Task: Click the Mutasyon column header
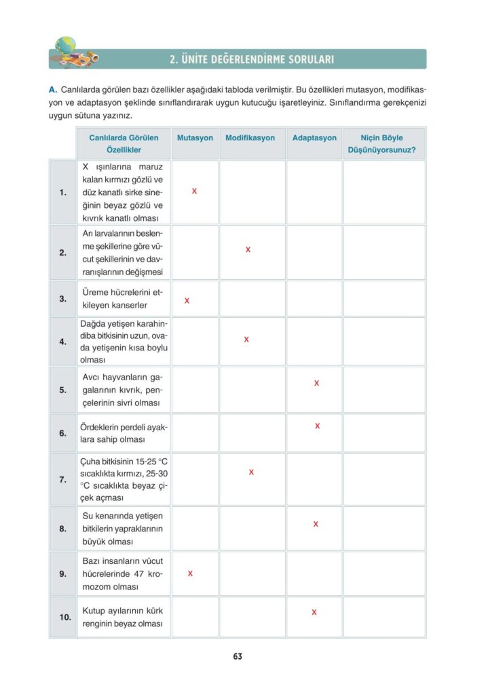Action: click(195, 138)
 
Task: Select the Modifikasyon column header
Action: click(250, 138)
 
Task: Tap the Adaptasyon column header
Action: click(314, 138)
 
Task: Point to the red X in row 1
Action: click(194, 191)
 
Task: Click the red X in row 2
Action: click(248, 250)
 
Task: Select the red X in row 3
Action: click(187, 300)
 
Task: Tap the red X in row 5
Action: click(316, 384)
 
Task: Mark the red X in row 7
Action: click(251, 472)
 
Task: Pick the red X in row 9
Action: click(190, 573)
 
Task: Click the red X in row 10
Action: click(314, 613)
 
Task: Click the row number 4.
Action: click(62, 342)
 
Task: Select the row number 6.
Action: click(62, 433)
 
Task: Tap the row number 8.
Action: click(62, 529)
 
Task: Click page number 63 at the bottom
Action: click(238, 656)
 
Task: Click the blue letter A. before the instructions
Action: click(52, 89)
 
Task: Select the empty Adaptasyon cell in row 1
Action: click(314, 192)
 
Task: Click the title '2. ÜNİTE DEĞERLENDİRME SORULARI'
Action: click(251, 60)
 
